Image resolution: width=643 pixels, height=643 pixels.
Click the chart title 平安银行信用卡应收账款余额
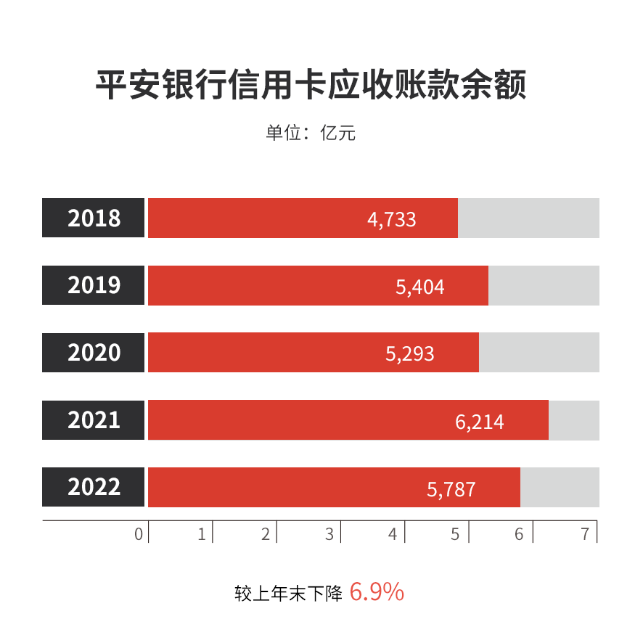coord(311,86)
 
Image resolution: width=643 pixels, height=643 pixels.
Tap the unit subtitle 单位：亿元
coord(311,134)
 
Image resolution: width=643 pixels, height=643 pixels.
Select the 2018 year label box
coord(94,218)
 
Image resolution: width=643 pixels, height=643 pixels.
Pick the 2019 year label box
coord(94,285)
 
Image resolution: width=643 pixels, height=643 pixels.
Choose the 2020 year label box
coord(94,353)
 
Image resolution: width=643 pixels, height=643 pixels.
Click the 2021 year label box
coord(94,419)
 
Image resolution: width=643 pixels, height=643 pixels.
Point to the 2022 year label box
coord(94,487)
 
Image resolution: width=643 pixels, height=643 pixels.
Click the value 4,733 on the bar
coord(392,219)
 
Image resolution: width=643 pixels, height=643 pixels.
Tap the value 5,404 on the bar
coord(420,287)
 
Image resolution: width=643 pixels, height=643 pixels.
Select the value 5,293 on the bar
coord(410,354)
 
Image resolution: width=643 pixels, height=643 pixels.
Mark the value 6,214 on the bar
coord(480,422)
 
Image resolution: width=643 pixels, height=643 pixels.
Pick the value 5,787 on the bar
coord(451,489)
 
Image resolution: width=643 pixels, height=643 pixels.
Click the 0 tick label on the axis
coord(139,535)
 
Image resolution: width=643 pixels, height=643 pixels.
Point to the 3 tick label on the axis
coord(329,535)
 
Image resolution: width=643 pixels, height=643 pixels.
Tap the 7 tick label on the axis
coord(585,535)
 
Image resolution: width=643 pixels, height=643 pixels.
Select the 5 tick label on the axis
coord(455,535)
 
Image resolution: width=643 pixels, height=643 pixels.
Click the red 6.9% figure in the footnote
coord(377,592)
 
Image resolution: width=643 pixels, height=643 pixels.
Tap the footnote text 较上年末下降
coord(288,593)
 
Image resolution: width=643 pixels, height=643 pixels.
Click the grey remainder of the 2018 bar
coord(528,218)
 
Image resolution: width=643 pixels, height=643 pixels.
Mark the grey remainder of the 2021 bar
coord(573,419)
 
